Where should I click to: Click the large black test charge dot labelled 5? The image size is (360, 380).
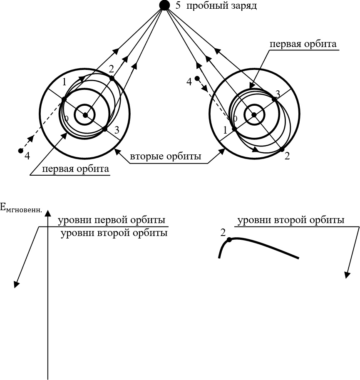coord(164,5)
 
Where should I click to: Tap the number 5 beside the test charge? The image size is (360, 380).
coord(178,6)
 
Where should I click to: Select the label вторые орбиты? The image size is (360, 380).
coord(166,157)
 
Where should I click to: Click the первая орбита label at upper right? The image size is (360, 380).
coord(303,44)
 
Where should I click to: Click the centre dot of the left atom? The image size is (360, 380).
coord(85,115)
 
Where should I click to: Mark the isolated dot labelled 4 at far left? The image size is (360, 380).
coord(20,150)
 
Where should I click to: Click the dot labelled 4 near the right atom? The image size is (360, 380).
coord(197,78)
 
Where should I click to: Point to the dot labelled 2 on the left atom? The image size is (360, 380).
coord(112,78)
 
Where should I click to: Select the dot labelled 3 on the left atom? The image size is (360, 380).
coord(105,129)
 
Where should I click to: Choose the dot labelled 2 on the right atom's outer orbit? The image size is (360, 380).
coord(282,149)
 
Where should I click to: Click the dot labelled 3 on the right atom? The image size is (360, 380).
coord(274,99)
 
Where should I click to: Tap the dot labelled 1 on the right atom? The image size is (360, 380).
coord(234,129)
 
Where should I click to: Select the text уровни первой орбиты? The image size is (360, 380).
coord(112,220)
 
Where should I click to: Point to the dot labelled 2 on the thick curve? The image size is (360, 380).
coord(229,240)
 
